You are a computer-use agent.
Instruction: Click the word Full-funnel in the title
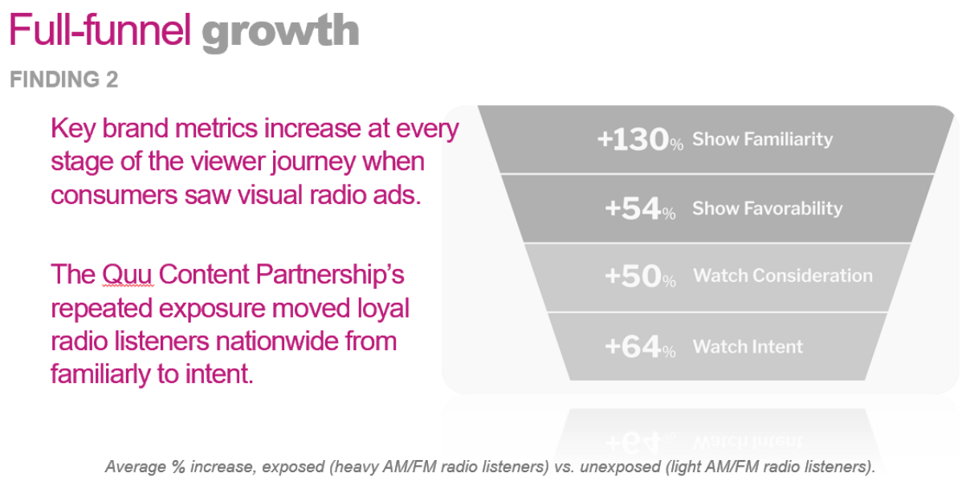[100, 30]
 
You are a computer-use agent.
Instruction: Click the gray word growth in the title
[280, 33]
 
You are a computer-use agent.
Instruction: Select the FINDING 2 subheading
[63, 79]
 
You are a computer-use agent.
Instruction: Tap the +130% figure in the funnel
[640, 140]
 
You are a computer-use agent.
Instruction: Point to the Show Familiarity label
[762, 139]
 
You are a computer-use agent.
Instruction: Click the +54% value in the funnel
[640, 208]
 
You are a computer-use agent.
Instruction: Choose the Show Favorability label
[768, 208]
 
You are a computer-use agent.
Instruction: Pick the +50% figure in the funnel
[640, 276]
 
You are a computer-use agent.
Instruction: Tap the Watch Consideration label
[783, 275]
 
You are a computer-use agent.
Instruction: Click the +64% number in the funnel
[640, 346]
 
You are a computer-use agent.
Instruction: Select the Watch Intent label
[748, 346]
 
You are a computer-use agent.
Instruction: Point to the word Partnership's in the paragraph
[330, 275]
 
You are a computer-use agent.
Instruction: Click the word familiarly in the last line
[100, 373]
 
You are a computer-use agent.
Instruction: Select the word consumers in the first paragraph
[114, 195]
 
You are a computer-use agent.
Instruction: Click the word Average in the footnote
[135, 467]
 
